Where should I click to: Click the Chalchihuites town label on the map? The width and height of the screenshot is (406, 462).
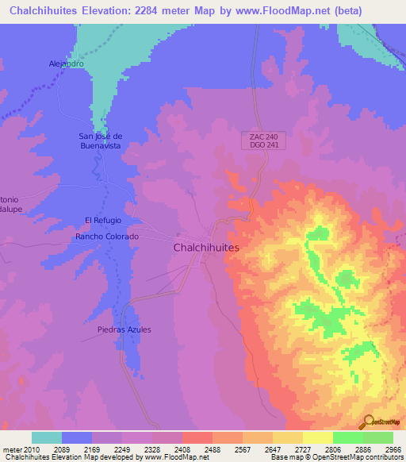[x=205, y=248]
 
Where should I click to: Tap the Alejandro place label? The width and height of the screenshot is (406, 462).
[x=66, y=64]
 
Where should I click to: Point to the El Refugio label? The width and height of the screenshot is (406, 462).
[x=101, y=220]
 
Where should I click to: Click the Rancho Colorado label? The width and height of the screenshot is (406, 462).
[x=107, y=237]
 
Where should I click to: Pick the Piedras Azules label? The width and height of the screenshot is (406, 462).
[x=124, y=329]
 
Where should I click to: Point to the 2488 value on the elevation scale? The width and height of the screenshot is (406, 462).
[x=213, y=449]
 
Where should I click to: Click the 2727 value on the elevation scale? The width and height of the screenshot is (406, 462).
[x=303, y=449]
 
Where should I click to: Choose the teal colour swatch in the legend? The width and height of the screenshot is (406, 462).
[x=47, y=437]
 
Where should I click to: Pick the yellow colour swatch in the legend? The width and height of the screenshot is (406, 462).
[x=317, y=437]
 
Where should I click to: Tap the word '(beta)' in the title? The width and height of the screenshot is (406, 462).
[x=347, y=10]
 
